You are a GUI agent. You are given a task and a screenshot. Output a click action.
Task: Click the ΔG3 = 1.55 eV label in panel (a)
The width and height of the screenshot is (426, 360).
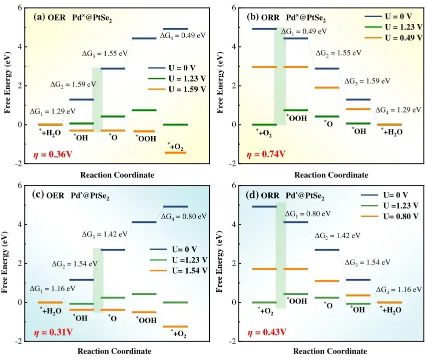tap(104, 53)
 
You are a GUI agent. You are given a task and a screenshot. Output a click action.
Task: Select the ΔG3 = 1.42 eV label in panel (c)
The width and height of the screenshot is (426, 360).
tap(104, 233)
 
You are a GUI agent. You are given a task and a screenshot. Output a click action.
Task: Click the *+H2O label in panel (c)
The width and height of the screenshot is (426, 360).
tap(51, 310)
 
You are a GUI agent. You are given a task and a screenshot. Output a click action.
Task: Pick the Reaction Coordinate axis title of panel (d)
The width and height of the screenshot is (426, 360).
tap(330, 351)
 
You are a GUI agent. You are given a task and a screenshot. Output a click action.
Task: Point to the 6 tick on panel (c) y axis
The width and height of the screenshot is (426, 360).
tap(19, 185)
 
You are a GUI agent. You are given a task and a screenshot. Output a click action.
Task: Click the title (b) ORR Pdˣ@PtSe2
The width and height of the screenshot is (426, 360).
tap(287, 17)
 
